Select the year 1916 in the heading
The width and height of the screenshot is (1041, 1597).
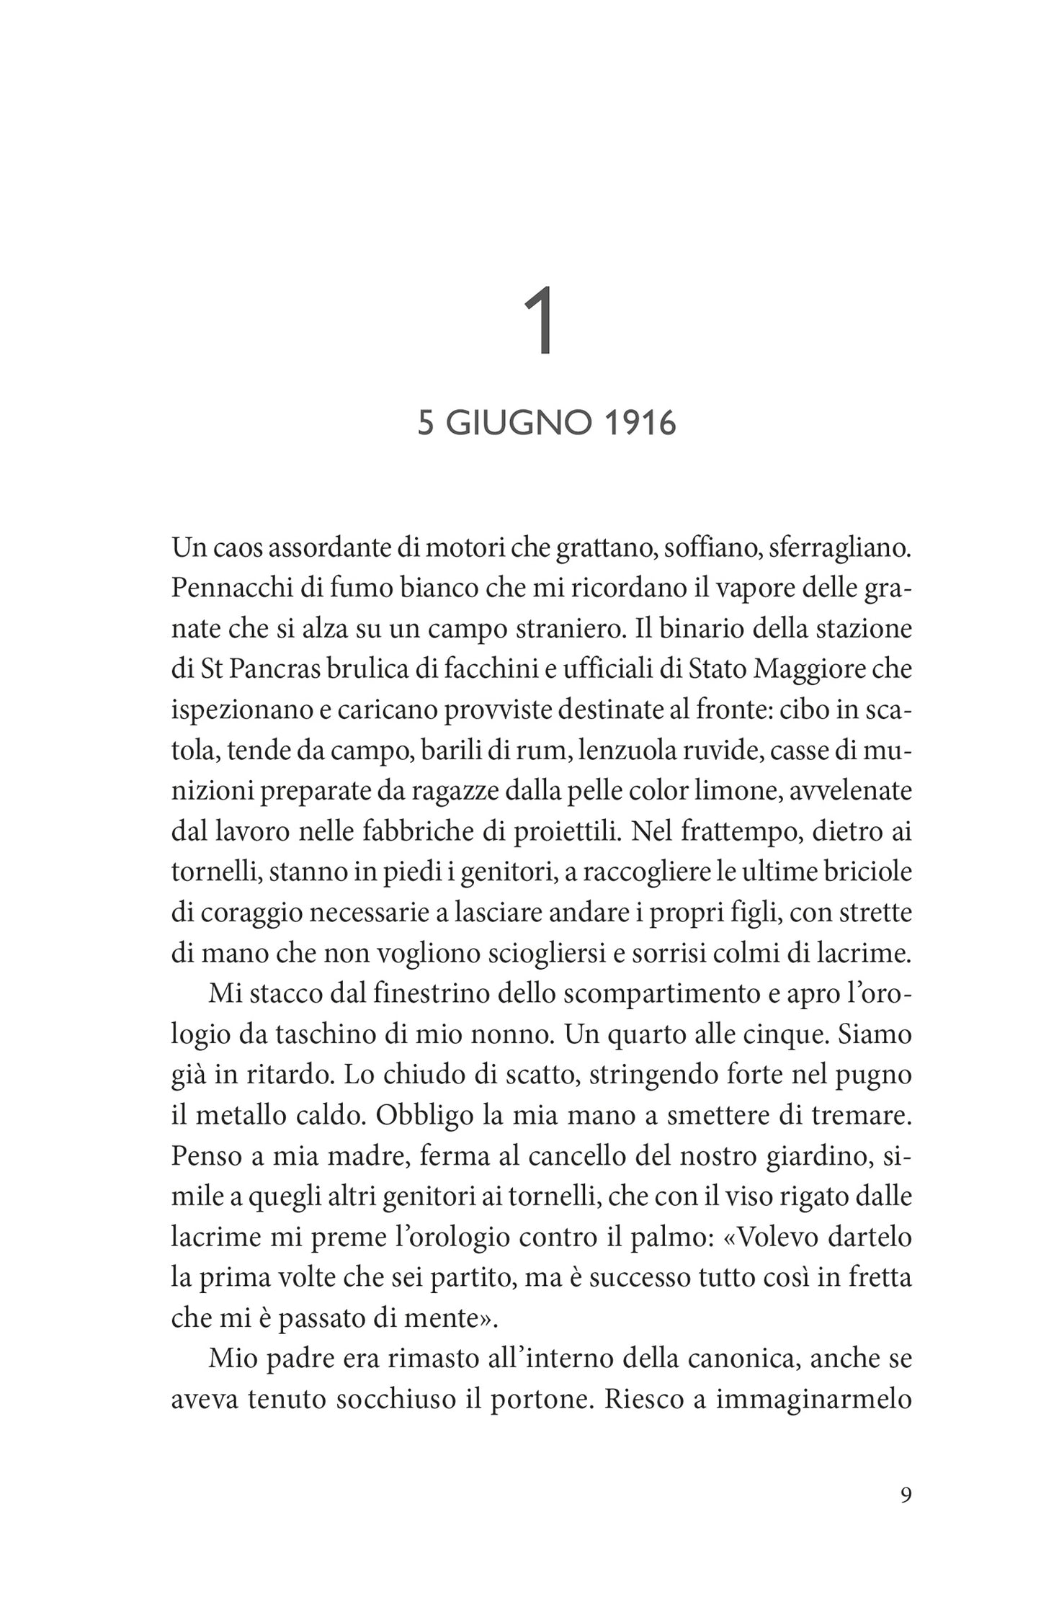tap(640, 424)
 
